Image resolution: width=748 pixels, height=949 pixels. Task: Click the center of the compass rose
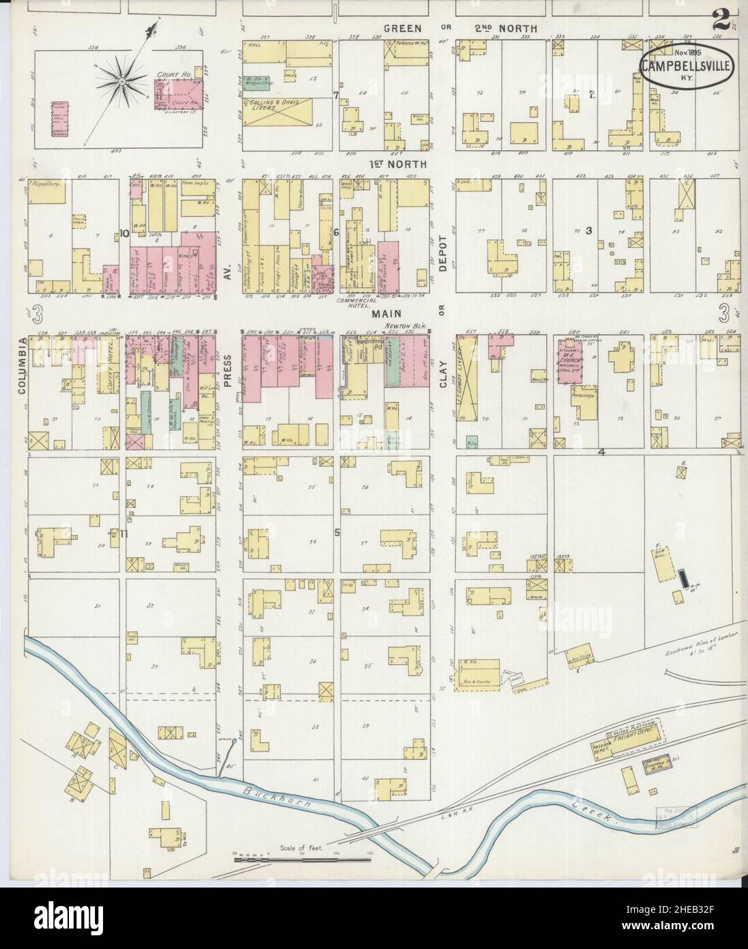point(121,83)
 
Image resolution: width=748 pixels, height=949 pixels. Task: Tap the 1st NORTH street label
point(398,165)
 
